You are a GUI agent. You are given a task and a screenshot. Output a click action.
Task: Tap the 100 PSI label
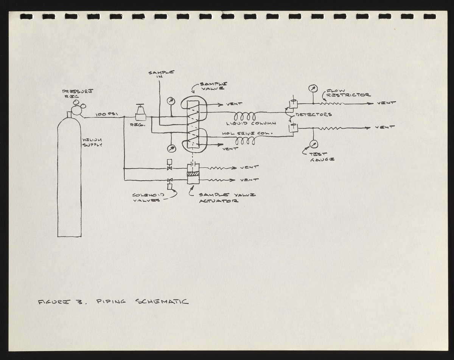tap(103, 114)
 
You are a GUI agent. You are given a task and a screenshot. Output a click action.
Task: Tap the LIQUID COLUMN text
tap(251, 123)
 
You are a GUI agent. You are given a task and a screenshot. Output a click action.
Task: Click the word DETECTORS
tap(314, 114)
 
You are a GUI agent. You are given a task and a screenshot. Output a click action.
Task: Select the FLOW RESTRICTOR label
tap(348, 93)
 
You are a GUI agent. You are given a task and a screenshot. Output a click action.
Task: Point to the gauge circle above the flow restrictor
tap(313, 89)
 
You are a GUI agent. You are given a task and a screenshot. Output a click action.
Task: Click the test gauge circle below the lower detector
tap(313, 144)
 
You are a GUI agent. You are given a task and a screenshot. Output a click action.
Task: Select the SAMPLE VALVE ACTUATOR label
tap(226, 198)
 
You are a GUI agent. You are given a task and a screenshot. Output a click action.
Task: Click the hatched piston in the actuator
tap(193, 174)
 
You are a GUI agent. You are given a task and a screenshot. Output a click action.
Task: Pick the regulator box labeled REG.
tap(141, 114)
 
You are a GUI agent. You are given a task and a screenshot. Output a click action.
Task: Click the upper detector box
tap(292, 104)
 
